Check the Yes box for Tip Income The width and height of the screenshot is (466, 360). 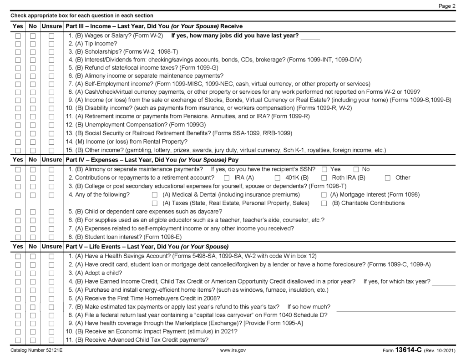[x=18, y=44]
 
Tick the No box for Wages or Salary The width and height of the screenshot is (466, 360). [x=33, y=35]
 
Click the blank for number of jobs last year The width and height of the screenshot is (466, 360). [x=310, y=36]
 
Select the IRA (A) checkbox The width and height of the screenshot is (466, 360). [x=226, y=178]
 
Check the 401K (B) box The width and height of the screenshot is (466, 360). [x=278, y=178]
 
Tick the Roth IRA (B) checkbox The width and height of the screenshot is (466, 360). [x=324, y=178]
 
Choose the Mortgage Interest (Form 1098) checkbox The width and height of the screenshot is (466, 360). [x=324, y=195]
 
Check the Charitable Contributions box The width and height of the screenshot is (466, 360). [x=324, y=203]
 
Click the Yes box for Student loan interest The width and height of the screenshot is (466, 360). [x=18, y=237]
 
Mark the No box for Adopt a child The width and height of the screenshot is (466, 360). [x=33, y=273]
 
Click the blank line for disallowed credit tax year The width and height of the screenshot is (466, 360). [x=443, y=282]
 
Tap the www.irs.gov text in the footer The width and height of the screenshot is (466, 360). [x=233, y=351]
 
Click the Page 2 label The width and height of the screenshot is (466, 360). [x=447, y=6]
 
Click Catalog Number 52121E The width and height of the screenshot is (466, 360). [x=36, y=351]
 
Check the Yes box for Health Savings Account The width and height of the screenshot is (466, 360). [x=18, y=256]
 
